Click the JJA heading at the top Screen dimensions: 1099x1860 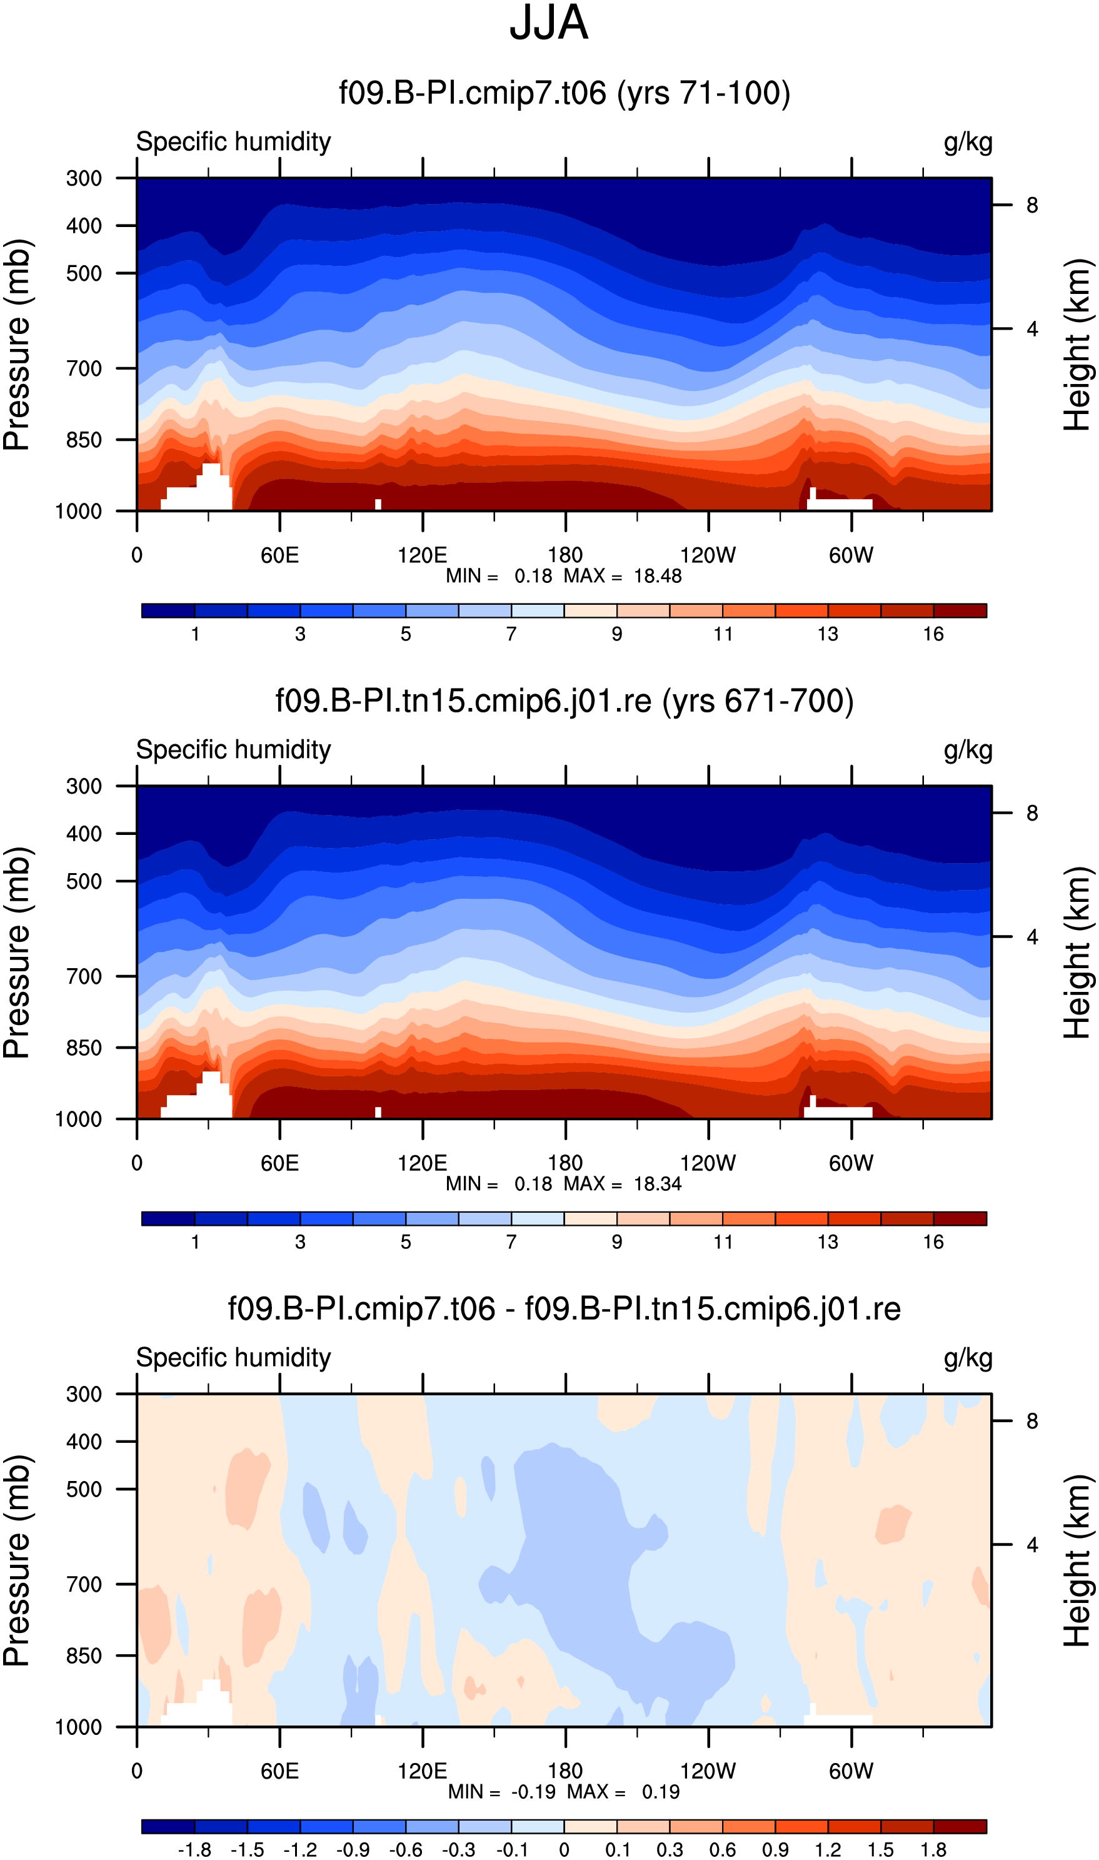[549, 23]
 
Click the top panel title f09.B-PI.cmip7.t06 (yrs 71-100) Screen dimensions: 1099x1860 [565, 94]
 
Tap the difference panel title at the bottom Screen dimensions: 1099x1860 [565, 1309]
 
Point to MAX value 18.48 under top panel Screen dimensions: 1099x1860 [658, 576]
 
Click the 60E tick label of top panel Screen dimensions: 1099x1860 [280, 555]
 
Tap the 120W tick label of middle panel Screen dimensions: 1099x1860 [708, 1163]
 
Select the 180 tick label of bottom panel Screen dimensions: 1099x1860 [565, 1771]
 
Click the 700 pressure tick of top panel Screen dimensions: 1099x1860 [84, 368]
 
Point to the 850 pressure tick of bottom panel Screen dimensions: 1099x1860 [84, 1655]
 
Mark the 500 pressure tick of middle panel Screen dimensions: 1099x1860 [84, 881]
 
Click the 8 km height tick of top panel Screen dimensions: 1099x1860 [1031, 205]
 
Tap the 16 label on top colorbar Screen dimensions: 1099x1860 [933, 634]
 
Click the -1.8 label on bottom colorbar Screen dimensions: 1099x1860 [194, 1849]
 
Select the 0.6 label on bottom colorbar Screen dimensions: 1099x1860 [722, 1849]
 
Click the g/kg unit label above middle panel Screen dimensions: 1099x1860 [968, 751]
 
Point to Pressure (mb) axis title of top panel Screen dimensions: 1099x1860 [17, 345]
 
